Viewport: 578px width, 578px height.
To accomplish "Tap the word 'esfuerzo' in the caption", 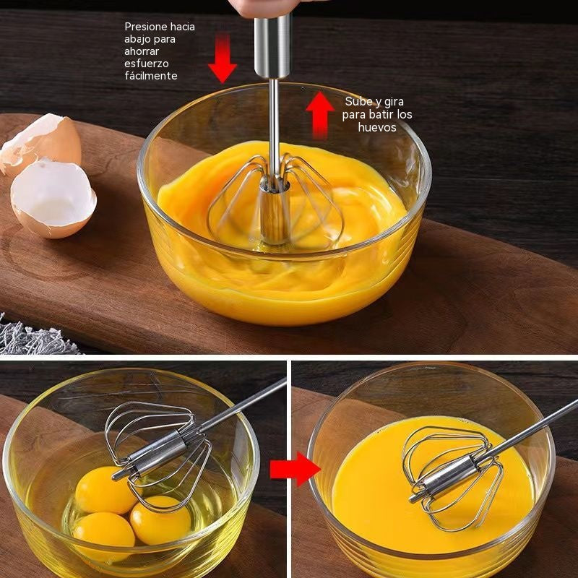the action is [x=147, y=64].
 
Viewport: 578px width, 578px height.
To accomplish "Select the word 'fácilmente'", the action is [x=151, y=76].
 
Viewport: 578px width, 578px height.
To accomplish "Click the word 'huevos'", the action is [x=377, y=127].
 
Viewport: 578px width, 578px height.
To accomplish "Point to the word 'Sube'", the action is [x=358, y=101].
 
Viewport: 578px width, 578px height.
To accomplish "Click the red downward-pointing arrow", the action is [x=223, y=59].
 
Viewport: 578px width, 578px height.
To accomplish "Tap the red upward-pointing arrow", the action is [x=320, y=116].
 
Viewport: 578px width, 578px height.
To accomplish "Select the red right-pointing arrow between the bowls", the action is [x=296, y=469].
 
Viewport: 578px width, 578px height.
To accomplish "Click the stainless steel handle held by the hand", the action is [x=272, y=46].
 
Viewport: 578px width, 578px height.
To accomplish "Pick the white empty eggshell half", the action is [x=53, y=199].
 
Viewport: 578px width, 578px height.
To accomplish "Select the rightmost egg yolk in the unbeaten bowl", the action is [x=160, y=520].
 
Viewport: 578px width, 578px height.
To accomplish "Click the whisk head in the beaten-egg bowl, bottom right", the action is [x=453, y=478].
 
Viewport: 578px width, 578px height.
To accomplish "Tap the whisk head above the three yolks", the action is [x=158, y=455].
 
